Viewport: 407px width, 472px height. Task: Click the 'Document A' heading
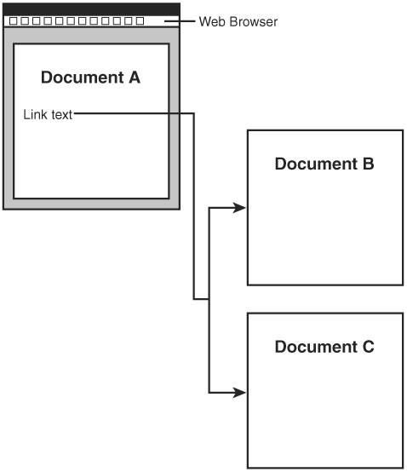[90, 78]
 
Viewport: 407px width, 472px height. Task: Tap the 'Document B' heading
[324, 164]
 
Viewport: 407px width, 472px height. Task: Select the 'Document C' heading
[324, 347]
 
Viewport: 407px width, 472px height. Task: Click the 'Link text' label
[48, 114]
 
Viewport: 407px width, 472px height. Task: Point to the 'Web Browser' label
[238, 21]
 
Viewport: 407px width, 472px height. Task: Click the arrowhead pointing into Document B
[240, 208]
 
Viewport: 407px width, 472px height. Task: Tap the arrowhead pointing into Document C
[240, 393]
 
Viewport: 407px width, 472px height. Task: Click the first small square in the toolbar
[14, 20]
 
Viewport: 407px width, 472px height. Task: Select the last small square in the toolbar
[140, 20]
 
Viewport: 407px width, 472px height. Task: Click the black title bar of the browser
[91, 9]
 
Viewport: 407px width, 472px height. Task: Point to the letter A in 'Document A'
[135, 78]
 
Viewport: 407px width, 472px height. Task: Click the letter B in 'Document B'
[369, 164]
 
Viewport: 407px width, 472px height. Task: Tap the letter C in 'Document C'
[369, 347]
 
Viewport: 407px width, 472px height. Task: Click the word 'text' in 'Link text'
[62, 115]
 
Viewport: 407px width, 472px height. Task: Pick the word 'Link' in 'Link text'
[36, 114]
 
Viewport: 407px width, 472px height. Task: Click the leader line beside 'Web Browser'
[180, 21]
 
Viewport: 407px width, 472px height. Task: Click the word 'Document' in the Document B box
[317, 164]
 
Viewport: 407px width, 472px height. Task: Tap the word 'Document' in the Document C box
[317, 347]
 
